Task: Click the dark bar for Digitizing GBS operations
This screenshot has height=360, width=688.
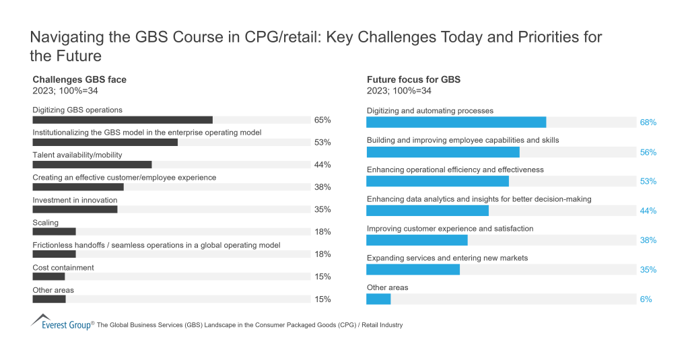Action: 123,120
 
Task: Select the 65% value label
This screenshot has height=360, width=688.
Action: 322,120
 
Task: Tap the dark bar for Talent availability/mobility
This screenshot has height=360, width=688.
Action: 92,165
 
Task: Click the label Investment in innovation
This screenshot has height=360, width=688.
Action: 75,200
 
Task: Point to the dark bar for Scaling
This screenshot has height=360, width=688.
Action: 54,232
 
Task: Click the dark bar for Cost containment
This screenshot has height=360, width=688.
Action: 48,277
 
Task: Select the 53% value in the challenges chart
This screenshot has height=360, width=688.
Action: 322,143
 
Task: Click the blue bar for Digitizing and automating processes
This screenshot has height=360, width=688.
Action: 456,122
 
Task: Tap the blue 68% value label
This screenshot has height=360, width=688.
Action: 648,122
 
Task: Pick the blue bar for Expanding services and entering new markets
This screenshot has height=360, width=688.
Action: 413,269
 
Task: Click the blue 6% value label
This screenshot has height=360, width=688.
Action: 646,299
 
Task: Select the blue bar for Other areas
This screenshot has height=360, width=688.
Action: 378,299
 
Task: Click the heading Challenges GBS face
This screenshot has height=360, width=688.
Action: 79,79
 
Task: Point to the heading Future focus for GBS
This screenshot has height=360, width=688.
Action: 413,79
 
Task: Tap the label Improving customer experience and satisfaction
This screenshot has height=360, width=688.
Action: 450,229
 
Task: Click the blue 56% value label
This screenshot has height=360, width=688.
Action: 648,152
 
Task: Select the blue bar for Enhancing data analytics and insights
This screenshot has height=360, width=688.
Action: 427,211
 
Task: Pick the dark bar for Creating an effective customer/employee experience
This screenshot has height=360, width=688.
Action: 78,187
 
